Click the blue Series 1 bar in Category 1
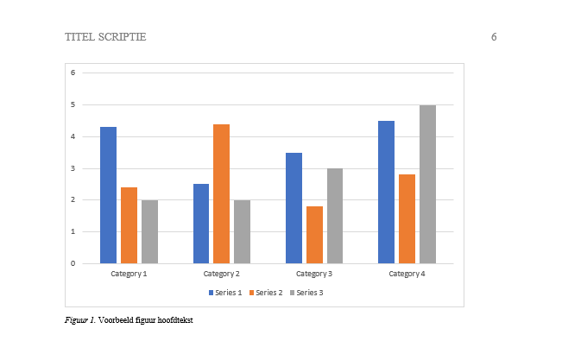coord(108,195)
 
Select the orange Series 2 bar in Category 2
coord(222,193)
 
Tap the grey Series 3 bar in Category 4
coord(427,184)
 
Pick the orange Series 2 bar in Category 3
coord(315,235)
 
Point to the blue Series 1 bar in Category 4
coord(386,192)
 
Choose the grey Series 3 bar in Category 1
coord(149,231)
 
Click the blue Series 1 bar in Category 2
coord(201,224)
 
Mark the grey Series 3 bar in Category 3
coord(335,216)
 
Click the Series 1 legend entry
coord(226,293)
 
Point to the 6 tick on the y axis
coord(74,73)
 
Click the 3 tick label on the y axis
coord(74,168)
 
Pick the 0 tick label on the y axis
coord(74,263)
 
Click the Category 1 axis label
coord(129,274)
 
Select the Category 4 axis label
coord(407,274)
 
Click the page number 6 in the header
coord(494,37)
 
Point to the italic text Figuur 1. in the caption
coord(80,319)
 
